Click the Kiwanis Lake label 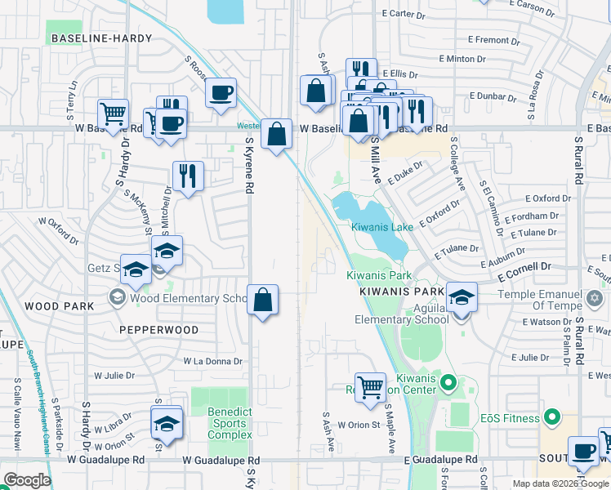[x=382, y=227]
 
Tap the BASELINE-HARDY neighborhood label [x=101, y=38]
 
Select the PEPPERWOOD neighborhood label [x=158, y=330]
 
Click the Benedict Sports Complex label [x=230, y=423]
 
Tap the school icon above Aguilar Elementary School [x=462, y=297]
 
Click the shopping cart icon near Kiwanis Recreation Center [x=371, y=387]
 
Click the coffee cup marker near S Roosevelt [x=220, y=92]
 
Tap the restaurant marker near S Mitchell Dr [x=188, y=175]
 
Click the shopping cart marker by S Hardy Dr [x=113, y=114]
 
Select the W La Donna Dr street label [x=213, y=361]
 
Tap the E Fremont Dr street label [x=488, y=39]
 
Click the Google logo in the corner [x=26, y=480]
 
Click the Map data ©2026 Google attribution [x=560, y=483]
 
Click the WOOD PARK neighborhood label [x=54, y=305]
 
